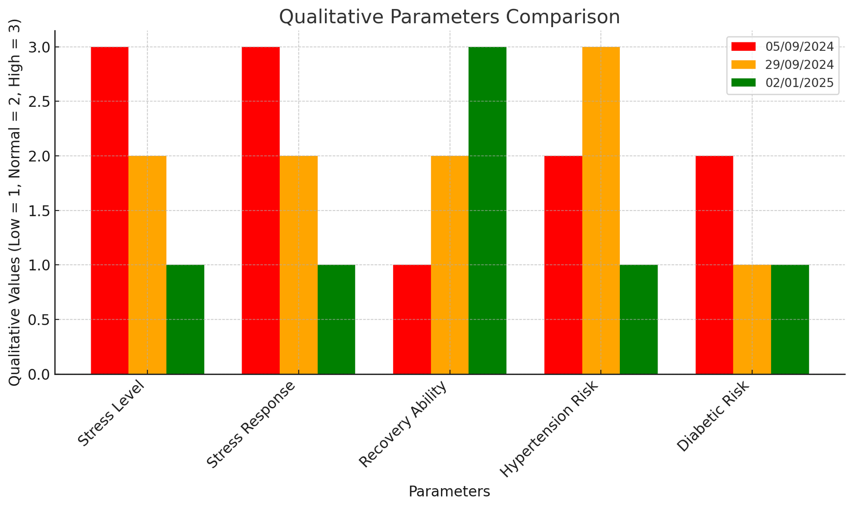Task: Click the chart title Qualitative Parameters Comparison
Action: coord(449,17)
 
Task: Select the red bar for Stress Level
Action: coord(110,210)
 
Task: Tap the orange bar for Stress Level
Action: coord(147,265)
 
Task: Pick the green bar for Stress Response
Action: coord(336,319)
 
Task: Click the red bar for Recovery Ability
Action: coord(412,319)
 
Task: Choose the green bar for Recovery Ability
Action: coord(487,210)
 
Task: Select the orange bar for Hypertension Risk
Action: coord(601,210)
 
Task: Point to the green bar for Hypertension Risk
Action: coord(639,319)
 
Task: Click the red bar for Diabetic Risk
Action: coord(714,265)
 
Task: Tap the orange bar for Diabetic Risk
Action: coord(752,319)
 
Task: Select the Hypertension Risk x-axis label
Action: coord(550,429)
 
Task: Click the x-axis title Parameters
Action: coord(449,492)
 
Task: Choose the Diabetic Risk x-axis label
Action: coord(713,416)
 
